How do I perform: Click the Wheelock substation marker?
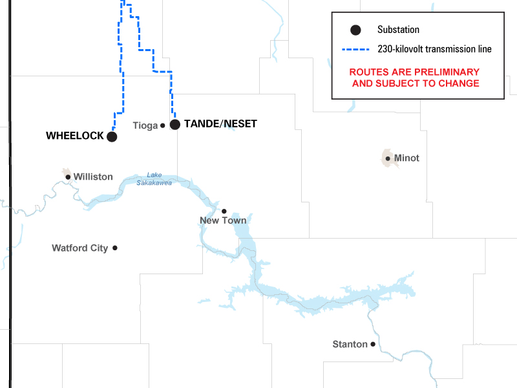click(112, 136)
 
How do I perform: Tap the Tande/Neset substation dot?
click(174, 124)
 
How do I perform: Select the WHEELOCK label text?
click(74, 136)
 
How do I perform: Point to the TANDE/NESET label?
click(220, 124)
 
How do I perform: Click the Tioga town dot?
click(163, 125)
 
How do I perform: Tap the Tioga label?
click(145, 125)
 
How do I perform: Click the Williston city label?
click(93, 177)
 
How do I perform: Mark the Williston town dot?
click(68, 177)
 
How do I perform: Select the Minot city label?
click(406, 158)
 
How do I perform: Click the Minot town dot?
click(388, 158)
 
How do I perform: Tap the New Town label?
click(223, 221)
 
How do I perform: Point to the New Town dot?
click(224, 211)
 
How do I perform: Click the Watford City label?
click(80, 248)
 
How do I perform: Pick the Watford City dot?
click(115, 248)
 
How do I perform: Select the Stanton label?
click(350, 344)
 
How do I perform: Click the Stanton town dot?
click(373, 345)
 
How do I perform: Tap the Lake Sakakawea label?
click(154, 178)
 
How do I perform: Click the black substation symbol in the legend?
click(353, 30)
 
